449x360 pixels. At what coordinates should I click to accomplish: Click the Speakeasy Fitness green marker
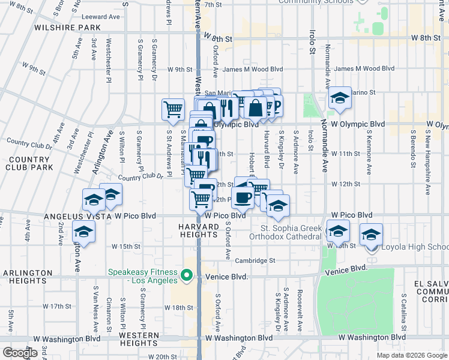[x=187, y=277]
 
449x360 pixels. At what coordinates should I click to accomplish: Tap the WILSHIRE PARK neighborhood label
[x=67, y=28]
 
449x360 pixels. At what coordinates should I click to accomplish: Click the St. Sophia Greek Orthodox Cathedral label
[x=291, y=232]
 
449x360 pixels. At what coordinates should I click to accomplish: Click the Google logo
[x=20, y=353]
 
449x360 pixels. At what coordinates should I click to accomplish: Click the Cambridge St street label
[x=255, y=260]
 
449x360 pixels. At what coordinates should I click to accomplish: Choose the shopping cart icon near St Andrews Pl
[x=173, y=109]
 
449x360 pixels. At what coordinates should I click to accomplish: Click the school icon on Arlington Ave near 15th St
[x=83, y=232]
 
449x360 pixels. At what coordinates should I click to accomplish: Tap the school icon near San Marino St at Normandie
[x=340, y=97]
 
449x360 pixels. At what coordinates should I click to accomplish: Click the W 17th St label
[x=60, y=306]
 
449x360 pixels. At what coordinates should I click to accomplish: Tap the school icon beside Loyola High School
[x=371, y=235]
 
